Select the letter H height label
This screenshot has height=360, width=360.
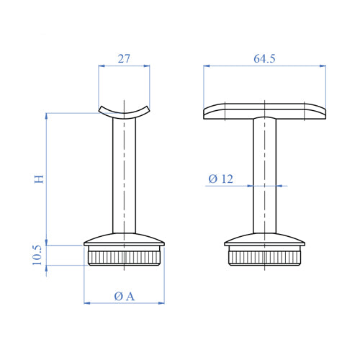point(40,177)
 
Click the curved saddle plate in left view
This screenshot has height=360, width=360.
point(124,112)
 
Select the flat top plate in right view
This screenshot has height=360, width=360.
point(264,111)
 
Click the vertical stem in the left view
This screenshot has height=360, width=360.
point(124,176)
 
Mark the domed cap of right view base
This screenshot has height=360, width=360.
point(264,240)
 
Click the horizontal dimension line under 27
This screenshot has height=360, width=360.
point(124,66)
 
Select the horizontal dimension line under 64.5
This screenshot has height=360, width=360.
point(264,66)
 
